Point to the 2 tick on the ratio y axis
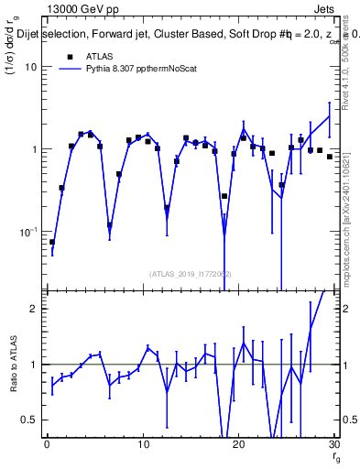tap(34, 309)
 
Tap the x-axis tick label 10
tap(142, 445)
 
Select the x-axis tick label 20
tap(238, 445)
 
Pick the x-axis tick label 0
tap(47, 445)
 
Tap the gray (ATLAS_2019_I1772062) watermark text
tap(191, 274)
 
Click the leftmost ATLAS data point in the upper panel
tap(52, 243)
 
